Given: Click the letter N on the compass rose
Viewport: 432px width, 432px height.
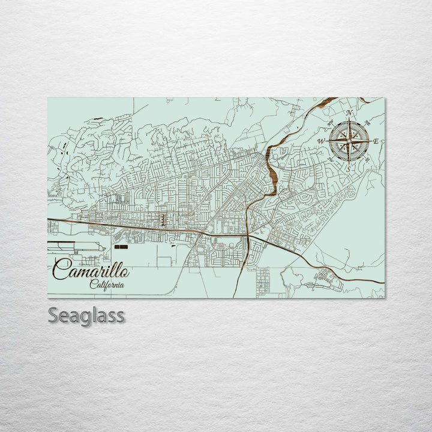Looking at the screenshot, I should coord(349,113).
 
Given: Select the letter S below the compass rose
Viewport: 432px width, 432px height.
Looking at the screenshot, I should coord(348,170).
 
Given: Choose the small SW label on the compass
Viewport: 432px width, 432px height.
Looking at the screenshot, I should coord(331,160).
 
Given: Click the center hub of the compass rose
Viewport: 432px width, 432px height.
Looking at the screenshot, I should coord(349,142).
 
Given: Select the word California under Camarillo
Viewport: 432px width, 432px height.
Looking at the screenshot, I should coord(107,284).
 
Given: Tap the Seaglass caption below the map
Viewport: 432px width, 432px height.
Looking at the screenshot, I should coord(86,315).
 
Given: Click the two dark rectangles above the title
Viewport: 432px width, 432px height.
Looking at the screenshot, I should coord(121,247).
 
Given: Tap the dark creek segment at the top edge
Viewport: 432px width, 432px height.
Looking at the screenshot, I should coord(325,103).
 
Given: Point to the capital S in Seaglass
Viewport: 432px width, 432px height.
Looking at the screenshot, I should coord(53,315).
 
